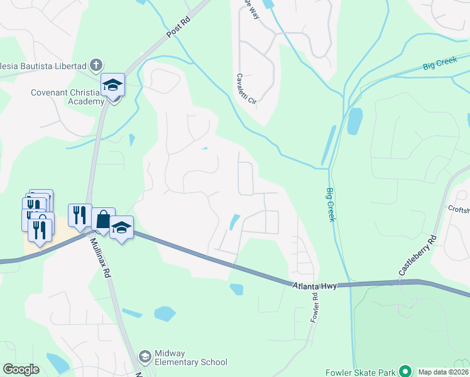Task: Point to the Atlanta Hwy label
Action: pyautogui.click(x=315, y=286)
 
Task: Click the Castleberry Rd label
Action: pyautogui.click(x=417, y=256)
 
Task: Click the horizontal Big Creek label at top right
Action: pyautogui.click(x=438, y=65)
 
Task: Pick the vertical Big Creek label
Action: pyautogui.click(x=331, y=204)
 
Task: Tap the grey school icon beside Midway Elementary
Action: pyautogui.click(x=145, y=357)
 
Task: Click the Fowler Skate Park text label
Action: pyautogui.click(x=361, y=372)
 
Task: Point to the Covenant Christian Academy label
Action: pyautogui.click(x=68, y=97)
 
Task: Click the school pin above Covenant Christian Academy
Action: pyautogui.click(x=113, y=85)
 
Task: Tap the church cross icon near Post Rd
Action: pyautogui.click(x=96, y=64)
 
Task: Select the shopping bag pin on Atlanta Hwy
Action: pyautogui.click(x=103, y=220)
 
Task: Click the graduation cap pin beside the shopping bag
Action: pyautogui.click(x=122, y=227)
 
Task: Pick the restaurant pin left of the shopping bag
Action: pyautogui.click(x=80, y=216)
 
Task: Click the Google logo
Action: pyautogui.click(x=21, y=369)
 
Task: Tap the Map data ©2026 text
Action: pyautogui.click(x=443, y=372)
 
